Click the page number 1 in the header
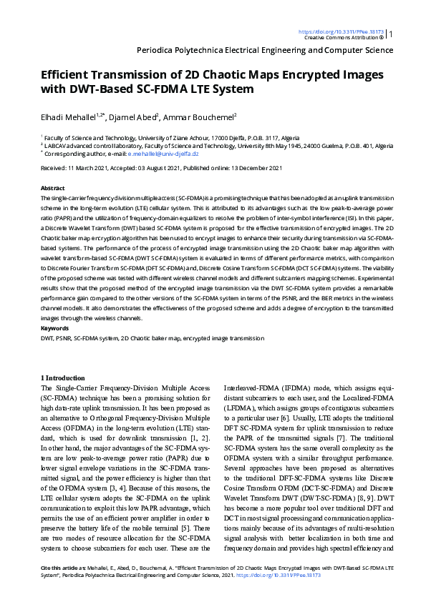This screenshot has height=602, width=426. (391, 34)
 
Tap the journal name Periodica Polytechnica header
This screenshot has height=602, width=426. (264, 51)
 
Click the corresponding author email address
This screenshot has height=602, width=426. (168, 154)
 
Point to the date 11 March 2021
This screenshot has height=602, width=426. (92, 167)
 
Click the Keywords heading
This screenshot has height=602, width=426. (55, 328)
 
